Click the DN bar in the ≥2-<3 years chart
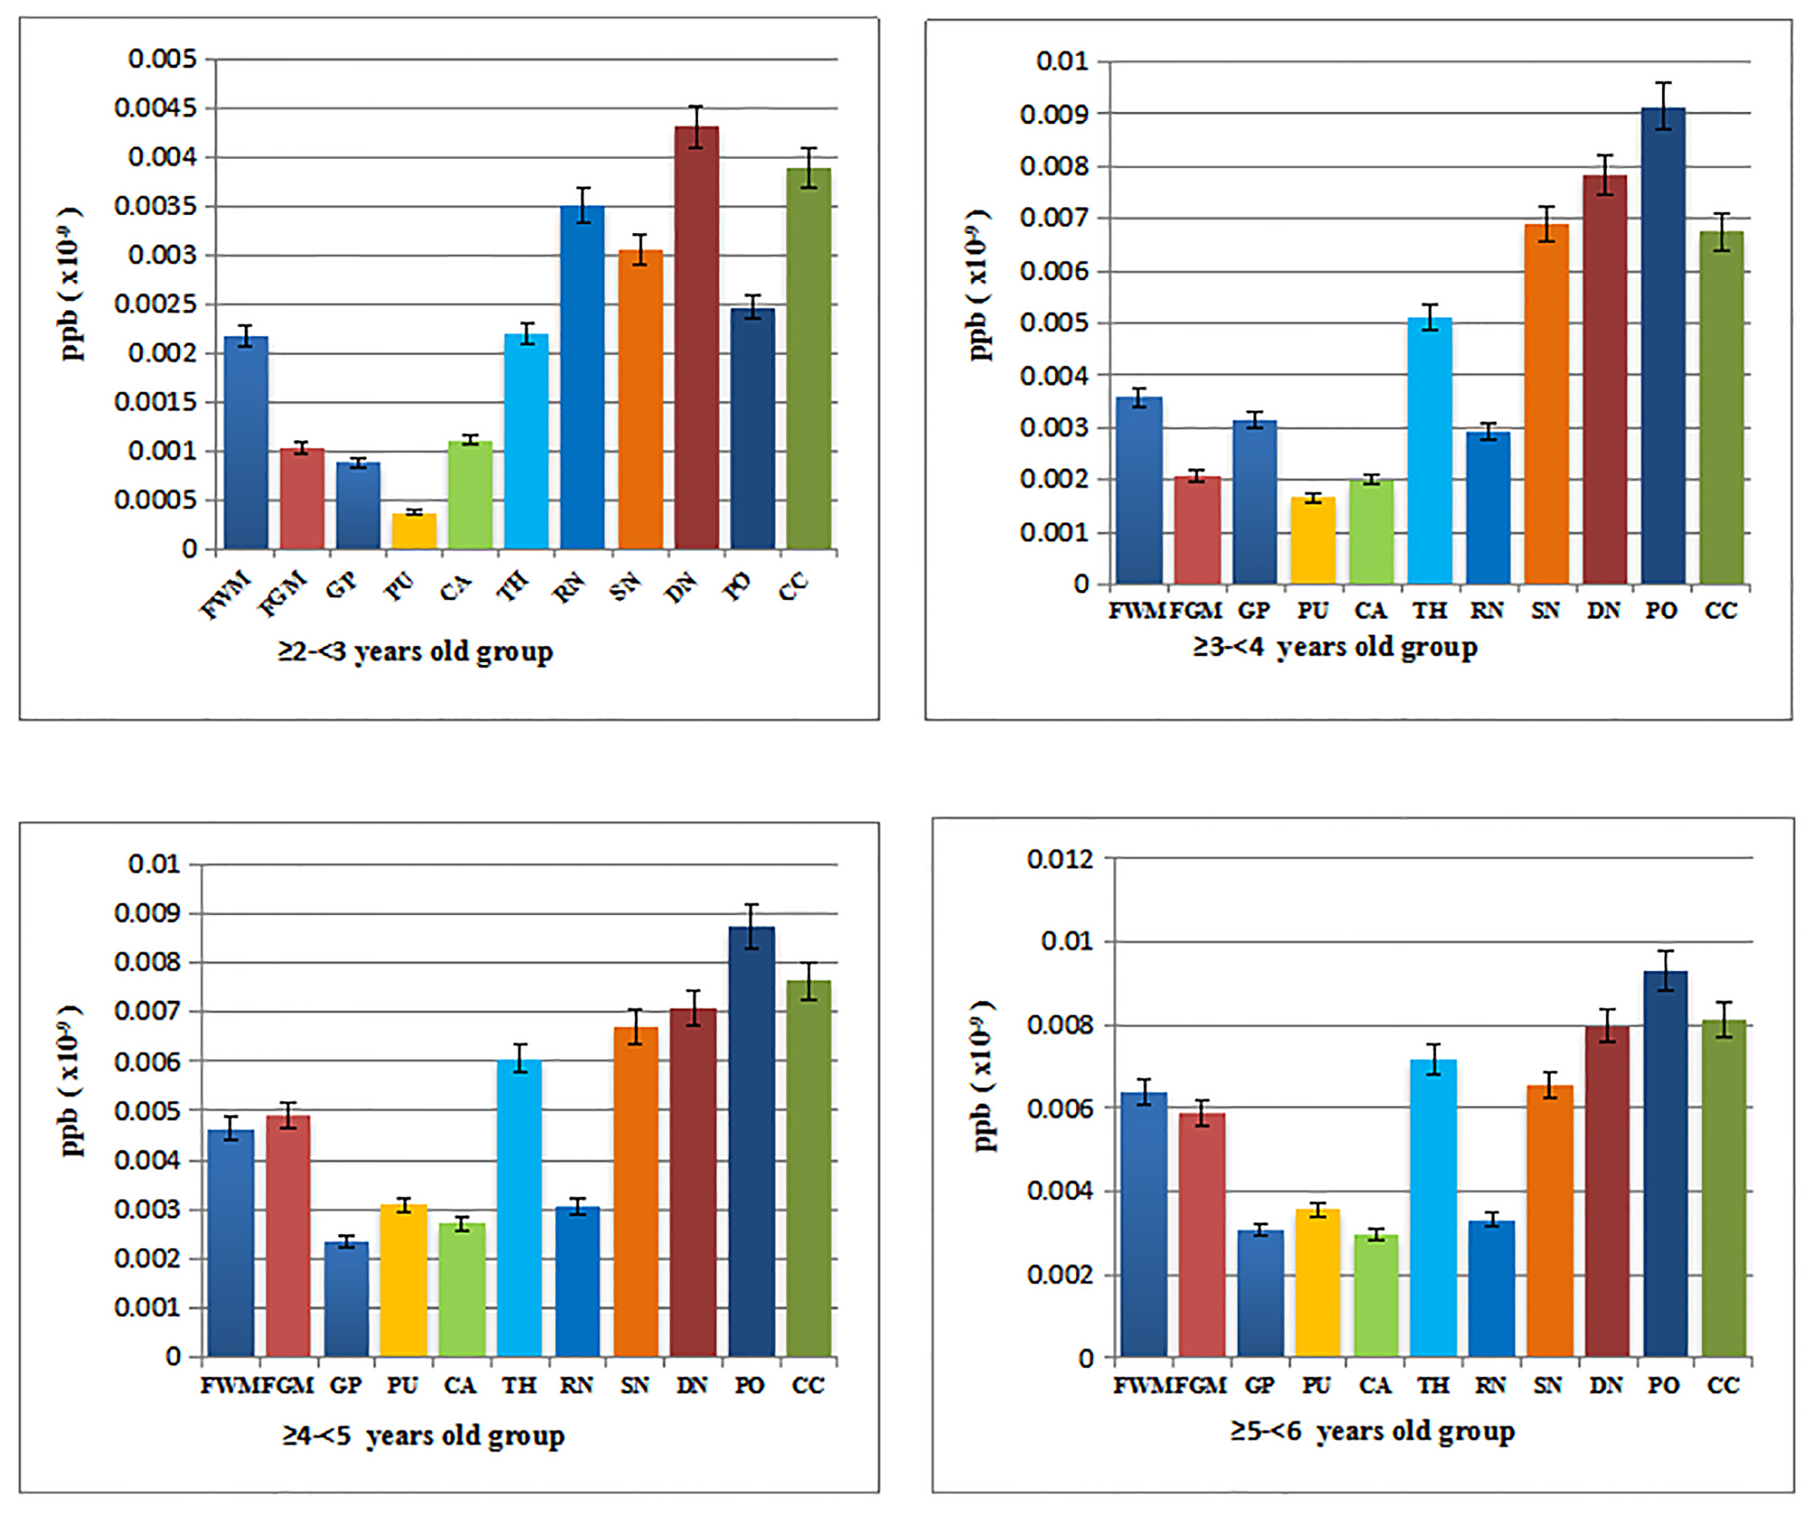tap(696, 338)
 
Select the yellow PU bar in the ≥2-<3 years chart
tap(415, 531)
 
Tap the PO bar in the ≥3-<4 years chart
tap(1663, 345)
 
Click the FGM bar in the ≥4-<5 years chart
tap(288, 1235)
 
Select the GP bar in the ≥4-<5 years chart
tap(347, 1299)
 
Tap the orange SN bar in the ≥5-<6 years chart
tap(1550, 1221)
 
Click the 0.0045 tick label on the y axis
tap(155, 109)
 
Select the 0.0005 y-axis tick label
tap(155, 500)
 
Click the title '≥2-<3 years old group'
tap(415, 651)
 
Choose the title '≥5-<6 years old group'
tap(1372, 1430)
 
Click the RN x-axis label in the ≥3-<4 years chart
tap(1488, 610)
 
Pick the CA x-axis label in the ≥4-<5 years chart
tap(460, 1385)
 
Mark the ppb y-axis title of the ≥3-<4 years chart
tap(979, 285)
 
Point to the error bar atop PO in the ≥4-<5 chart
tap(752, 925)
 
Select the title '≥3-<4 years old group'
tap(1335, 646)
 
